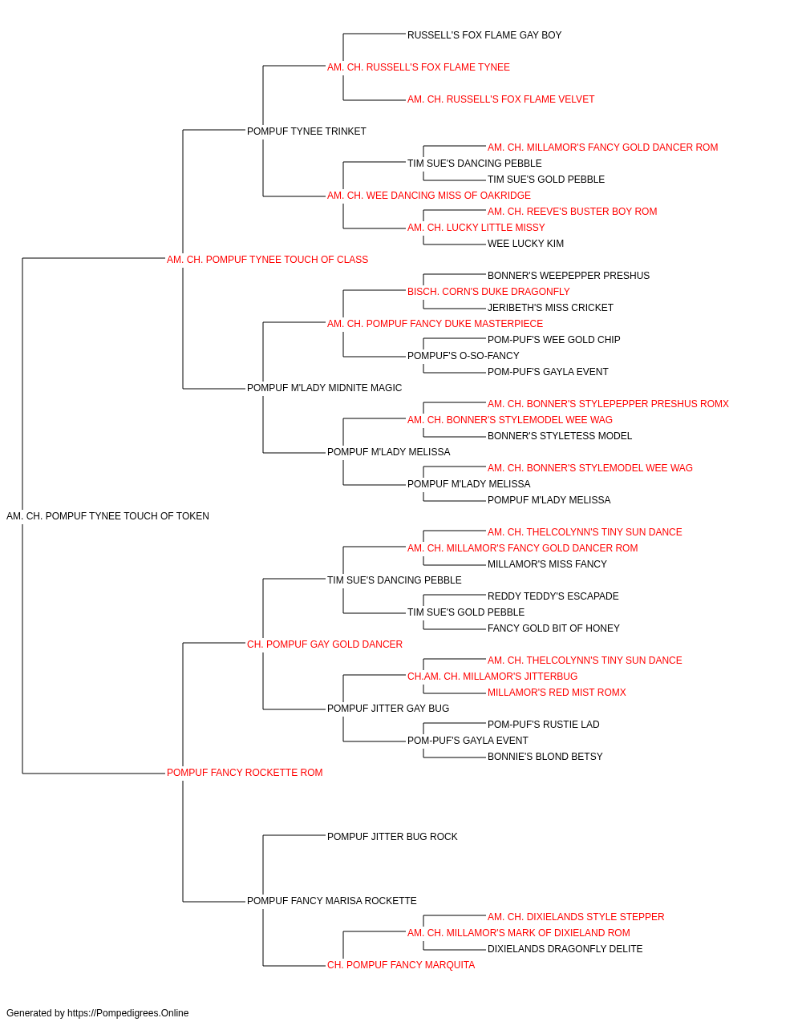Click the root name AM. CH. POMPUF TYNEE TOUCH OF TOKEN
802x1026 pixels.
click(107, 516)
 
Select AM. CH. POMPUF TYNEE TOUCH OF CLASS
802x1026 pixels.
click(267, 260)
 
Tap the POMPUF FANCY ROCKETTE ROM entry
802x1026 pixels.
click(245, 773)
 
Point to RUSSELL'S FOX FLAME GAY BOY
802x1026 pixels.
click(484, 35)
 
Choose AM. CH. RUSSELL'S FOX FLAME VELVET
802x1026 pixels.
click(500, 99)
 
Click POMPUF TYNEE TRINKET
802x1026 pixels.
click(306, 131)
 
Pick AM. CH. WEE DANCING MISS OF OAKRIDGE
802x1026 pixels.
click(429, 196)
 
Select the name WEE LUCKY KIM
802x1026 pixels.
click(525, 244)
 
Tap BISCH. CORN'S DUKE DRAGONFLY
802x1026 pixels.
click(488, 292)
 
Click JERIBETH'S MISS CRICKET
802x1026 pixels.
click(550, 308)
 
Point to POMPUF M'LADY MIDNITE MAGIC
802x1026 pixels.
click(325, 388)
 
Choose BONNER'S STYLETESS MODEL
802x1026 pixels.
click(560, 436)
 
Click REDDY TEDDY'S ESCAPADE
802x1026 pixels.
click(553, 596)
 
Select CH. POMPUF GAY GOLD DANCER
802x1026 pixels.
click(325, 644)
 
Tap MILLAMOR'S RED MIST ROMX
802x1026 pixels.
click(557, 693)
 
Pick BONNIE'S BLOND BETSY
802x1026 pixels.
click(545, 757)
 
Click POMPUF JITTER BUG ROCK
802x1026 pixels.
click(392, 837)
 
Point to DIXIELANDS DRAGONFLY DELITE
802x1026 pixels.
click(565, 949)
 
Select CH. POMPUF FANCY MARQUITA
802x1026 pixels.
click(401, 965)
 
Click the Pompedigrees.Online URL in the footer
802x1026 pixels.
click(128, 1013)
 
